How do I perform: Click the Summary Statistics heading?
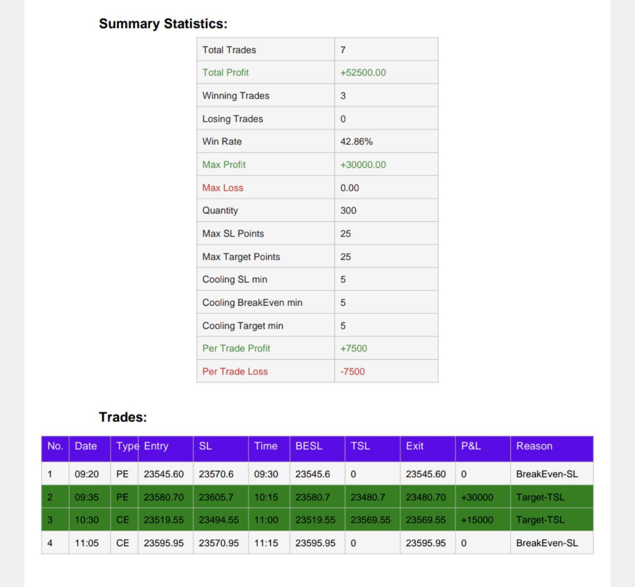[163, 24]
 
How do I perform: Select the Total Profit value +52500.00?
[363, 72]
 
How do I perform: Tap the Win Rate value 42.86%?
[356, 141]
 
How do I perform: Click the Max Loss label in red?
[223, 188]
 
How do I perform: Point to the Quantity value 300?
[348, 210]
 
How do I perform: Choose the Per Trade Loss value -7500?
[352, 371]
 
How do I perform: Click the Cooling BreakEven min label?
[252, 303]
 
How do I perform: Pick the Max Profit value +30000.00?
[363, 165]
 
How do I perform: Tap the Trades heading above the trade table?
[123, 417]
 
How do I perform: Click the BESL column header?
[309, 446]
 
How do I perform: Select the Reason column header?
[534, 446]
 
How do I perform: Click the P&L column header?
[471, 446]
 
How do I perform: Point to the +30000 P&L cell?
[477, 497]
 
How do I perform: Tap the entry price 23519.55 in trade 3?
[163, 520]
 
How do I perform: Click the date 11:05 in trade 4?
[86, 543]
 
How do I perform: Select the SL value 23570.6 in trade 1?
[216, 474]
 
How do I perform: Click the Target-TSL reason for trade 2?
[540, 497]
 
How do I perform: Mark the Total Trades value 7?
[343, 50]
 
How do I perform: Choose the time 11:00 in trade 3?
[266, 520]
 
